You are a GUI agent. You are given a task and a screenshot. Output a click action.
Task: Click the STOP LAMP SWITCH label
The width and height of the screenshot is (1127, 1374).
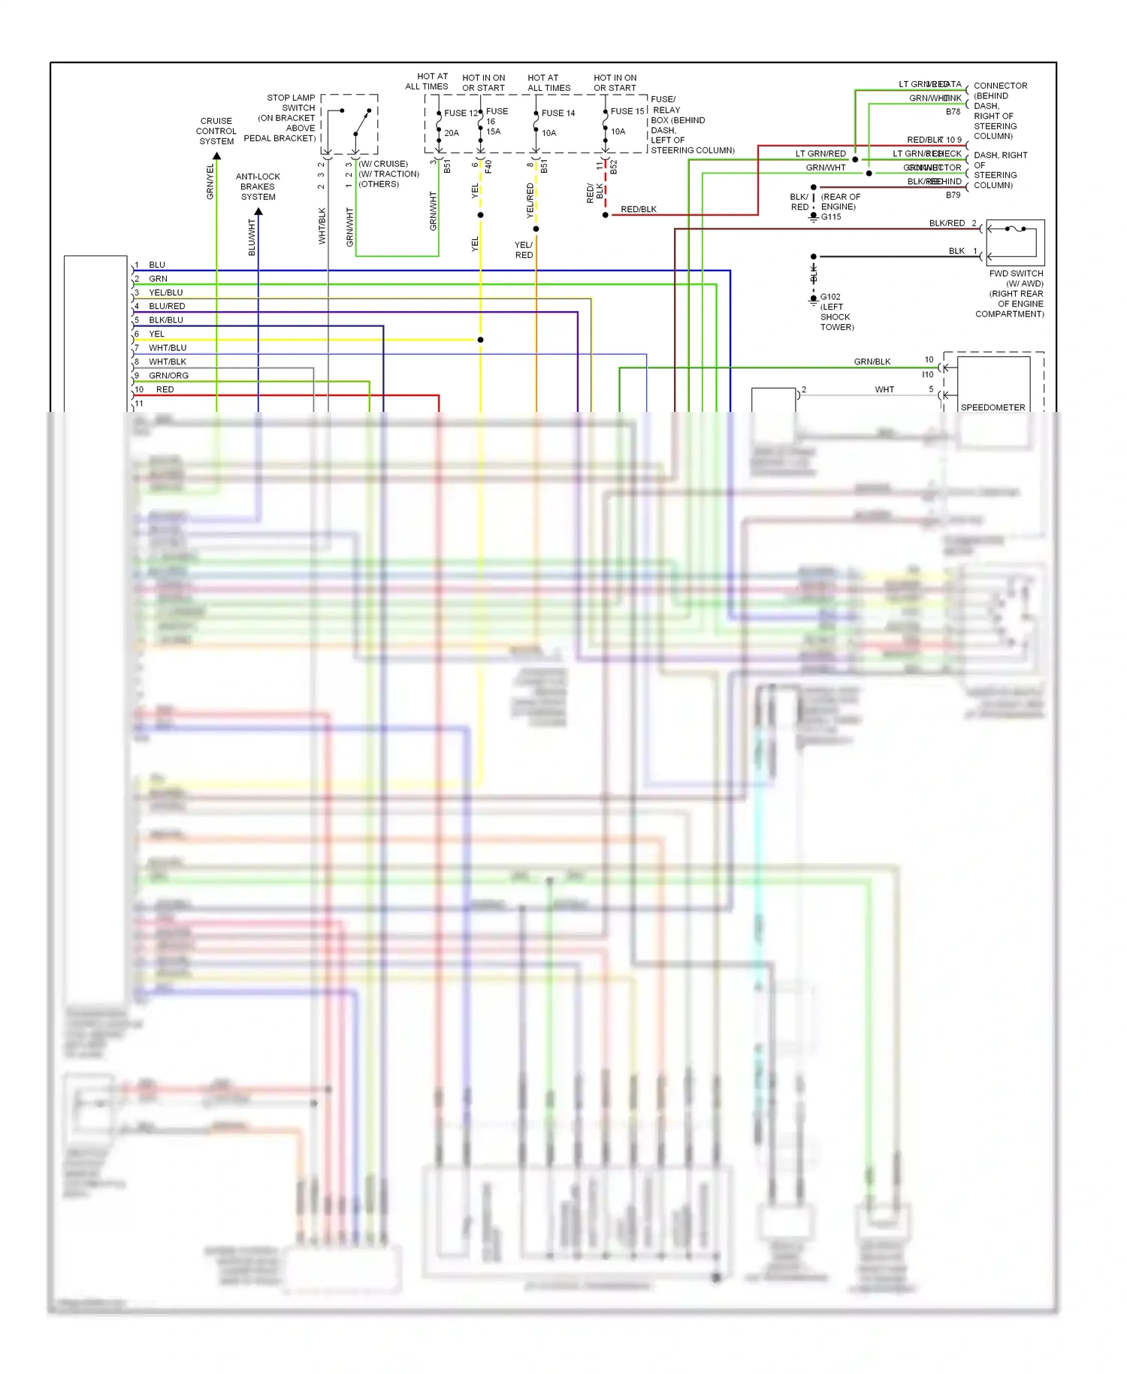(x=291, y=103)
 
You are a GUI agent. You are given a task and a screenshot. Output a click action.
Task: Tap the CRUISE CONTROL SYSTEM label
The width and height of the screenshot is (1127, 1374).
(x=216, y=131)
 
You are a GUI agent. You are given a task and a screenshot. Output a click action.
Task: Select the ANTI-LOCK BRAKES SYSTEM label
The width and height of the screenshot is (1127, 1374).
(x=258, y=186)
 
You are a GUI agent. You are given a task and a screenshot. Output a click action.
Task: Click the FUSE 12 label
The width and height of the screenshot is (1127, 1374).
(x=461, y=113)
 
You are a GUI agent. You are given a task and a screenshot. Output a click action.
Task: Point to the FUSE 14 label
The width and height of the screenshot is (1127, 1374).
(x=558, y=113)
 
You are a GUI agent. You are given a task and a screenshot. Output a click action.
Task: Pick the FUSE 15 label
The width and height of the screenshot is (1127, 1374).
(x=627, y=111)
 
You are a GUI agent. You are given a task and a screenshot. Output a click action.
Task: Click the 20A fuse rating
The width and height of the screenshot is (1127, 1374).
(x=452, y=133)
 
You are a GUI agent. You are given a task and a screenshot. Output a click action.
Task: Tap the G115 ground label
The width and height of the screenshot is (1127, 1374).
(x=831, y=217)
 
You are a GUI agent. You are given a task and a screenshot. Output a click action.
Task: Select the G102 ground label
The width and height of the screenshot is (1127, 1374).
(x=830, y=297)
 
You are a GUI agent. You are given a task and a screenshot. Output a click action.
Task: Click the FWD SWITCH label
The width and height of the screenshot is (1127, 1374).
(x=1016, y=274)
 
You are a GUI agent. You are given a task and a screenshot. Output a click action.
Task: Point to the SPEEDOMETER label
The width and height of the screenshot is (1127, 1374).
(x=993, y=407)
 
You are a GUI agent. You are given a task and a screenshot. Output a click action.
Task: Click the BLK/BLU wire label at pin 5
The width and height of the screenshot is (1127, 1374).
(x=166, y=320)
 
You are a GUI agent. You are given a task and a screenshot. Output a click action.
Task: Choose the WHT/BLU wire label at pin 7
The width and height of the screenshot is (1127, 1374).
(x=168, y=348)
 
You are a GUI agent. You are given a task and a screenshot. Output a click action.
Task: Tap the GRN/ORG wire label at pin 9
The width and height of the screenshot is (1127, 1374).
(x=169, y=376)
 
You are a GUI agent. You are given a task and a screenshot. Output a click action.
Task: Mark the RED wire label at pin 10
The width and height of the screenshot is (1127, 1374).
(x=165, y=389)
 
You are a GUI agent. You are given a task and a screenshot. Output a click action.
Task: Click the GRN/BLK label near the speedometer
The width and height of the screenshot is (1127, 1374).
(x=872, y=362)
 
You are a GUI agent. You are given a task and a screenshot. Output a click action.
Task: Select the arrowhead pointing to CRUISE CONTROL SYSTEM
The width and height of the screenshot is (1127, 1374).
(x=216, y=156)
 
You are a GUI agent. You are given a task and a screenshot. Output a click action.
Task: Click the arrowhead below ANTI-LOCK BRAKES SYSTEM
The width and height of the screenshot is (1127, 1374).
(x=258, y=212)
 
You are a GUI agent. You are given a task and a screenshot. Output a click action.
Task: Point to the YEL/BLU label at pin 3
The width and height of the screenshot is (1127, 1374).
(x=166, y=292)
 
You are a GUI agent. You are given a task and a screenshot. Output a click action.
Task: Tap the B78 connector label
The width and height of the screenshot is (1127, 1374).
(x=953, y=112)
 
